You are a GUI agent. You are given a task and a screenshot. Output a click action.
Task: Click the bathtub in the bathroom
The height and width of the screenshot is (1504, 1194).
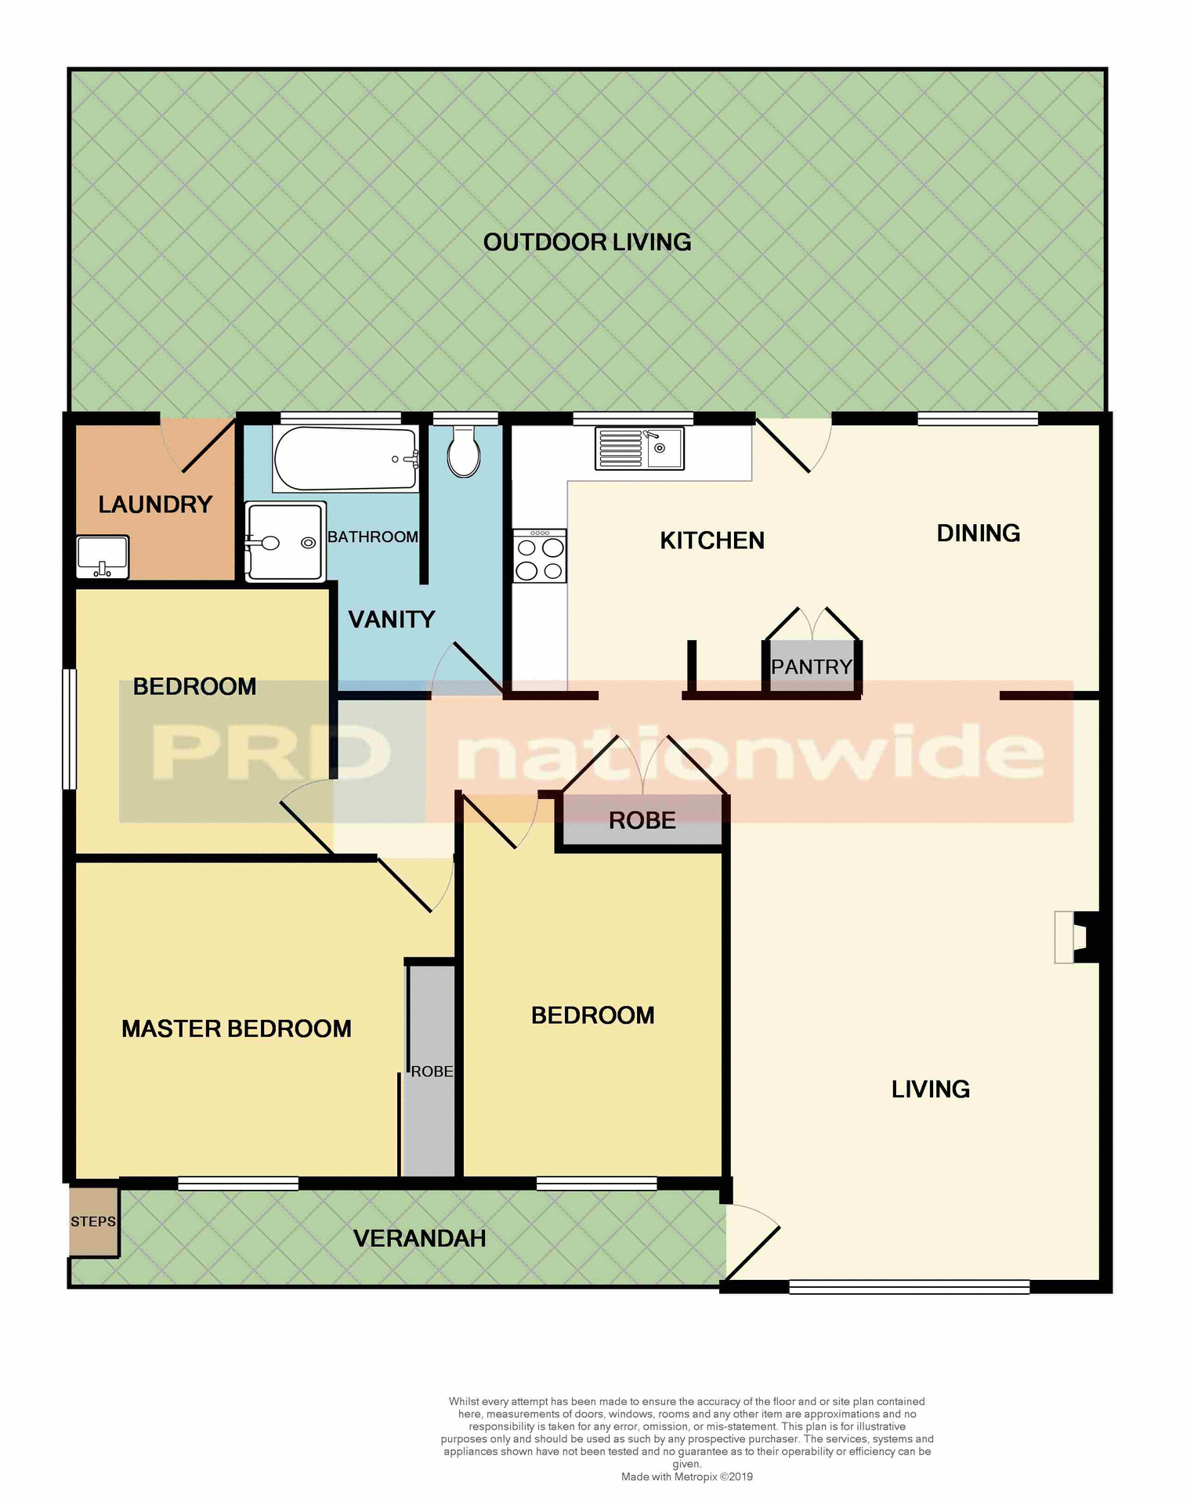(x=345, y=458)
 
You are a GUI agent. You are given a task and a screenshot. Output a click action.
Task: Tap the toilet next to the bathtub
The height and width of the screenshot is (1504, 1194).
(x=464, y=452)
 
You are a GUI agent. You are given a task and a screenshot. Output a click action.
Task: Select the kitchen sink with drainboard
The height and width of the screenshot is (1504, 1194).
(x=639, y=448)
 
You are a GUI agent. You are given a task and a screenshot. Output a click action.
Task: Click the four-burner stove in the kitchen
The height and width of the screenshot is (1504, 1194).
(x=540, y=556)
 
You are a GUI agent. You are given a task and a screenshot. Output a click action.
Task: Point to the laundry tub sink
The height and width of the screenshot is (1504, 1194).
(x=103, y=556)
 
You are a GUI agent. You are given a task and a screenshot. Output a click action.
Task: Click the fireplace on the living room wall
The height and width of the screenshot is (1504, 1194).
(x=1078, y=937)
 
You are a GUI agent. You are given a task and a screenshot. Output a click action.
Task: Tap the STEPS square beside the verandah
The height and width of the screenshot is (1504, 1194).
(x=93, y=1221)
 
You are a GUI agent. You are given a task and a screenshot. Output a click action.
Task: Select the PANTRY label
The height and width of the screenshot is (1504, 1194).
(x=812, y=667)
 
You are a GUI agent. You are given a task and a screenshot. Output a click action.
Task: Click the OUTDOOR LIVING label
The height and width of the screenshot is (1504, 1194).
(x=587, y=242)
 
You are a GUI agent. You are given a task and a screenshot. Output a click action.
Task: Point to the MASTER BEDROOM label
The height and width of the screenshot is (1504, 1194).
(x=236, y=1029)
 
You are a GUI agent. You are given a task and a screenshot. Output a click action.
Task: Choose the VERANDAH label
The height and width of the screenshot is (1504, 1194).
(x=420, y=1238)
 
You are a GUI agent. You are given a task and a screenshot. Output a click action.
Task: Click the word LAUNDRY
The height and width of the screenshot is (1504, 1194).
(x=155, y=504)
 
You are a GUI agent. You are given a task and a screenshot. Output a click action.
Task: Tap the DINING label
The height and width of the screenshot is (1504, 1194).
(x=978, y=533)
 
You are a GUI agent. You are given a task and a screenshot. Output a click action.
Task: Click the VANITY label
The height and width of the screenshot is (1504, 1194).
(x=391, y=620)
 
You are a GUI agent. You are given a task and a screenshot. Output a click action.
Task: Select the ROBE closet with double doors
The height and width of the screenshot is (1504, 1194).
(x=642, y=820)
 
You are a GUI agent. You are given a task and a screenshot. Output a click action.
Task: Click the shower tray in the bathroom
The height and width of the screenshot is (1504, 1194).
(x=285, y=542)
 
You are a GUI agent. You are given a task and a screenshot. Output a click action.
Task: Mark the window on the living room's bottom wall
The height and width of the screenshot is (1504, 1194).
(x=909, y=1286)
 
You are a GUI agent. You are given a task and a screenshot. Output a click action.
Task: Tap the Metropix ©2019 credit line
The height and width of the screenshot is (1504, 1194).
(x=686, y=1477)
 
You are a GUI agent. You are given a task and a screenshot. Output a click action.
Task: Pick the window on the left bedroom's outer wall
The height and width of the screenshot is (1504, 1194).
(x=70, y=728)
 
